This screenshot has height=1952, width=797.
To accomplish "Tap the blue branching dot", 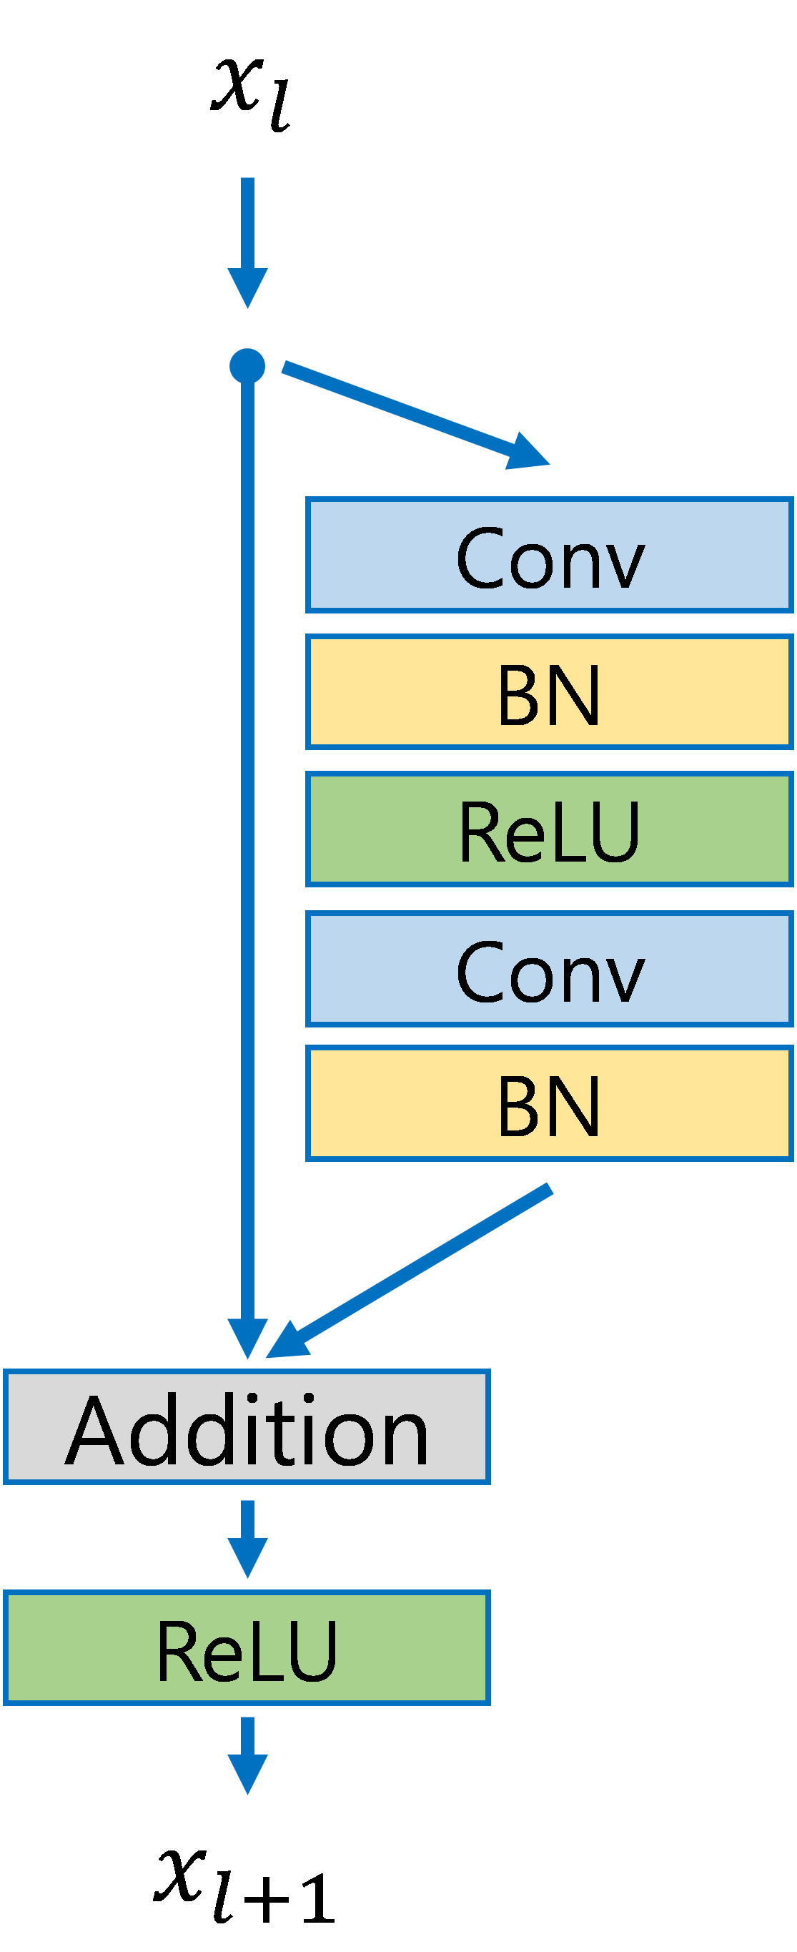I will point(247,366).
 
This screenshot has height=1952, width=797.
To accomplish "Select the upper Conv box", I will point(548,555).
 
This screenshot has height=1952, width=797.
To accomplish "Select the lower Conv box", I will point(548,969).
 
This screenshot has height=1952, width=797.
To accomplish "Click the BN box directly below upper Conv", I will point(548,692).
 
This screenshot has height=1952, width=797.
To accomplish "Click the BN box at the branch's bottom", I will point(548,1103).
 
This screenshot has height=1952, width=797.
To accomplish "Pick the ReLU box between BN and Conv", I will point(548,829).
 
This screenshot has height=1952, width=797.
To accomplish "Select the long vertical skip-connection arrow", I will point(247,834).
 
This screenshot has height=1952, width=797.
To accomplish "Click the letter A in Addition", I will point(94,1431).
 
